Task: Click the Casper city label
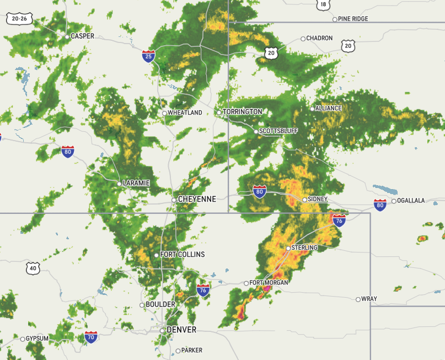(x=82, y=36)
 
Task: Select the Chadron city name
(x=319, y=38)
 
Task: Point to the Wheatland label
(x=185, y=113)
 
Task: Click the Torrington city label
(x=242, y=112)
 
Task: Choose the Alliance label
(x=329, y=108)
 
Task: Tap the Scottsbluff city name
(x=278, y=131)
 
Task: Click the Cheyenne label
(x=197, y=199)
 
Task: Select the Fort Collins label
(x=183, y=255)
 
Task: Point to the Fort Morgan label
(x=269, y=283)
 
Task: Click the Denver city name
(x=181, y=330)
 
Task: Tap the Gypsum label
(x=37, y=338)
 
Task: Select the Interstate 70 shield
(x=92, y=337)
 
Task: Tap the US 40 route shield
(x=33, y=268)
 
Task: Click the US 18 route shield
(x=323, y=4)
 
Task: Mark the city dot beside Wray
(x=358, y=299)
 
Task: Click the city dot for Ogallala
(x=393, y=201)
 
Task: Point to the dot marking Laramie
(x=119, y=184)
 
